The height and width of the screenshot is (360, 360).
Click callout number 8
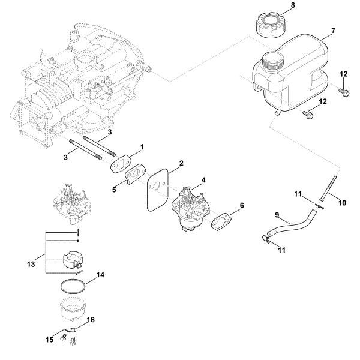click(293, 6)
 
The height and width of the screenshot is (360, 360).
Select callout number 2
click(181, 163)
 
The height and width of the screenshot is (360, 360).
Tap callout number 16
click(91, 321)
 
